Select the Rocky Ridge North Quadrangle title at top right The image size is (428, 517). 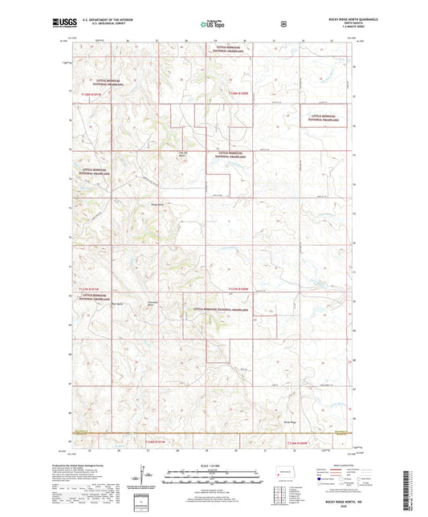(329, 19)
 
